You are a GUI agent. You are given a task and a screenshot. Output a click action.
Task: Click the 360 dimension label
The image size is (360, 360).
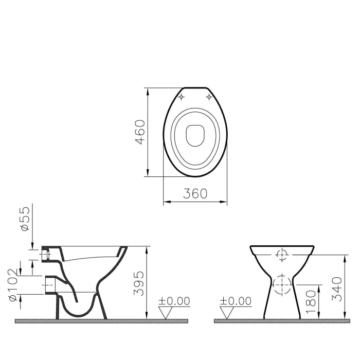(x=195, y=194)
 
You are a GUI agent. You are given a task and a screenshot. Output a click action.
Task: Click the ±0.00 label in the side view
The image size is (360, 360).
(x=173, y=301)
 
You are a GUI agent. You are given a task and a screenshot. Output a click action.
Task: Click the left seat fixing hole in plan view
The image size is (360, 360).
(x=181, y=97)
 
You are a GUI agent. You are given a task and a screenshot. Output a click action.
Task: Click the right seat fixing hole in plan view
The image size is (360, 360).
(x=209, y=97)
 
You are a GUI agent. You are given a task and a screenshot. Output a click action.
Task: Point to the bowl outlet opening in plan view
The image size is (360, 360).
(x=195, y=135)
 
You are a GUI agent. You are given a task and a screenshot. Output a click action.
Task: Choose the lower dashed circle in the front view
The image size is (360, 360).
(x=281, y=283)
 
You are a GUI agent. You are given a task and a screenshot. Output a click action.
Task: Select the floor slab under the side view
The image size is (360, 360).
(x=101, y=321)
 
